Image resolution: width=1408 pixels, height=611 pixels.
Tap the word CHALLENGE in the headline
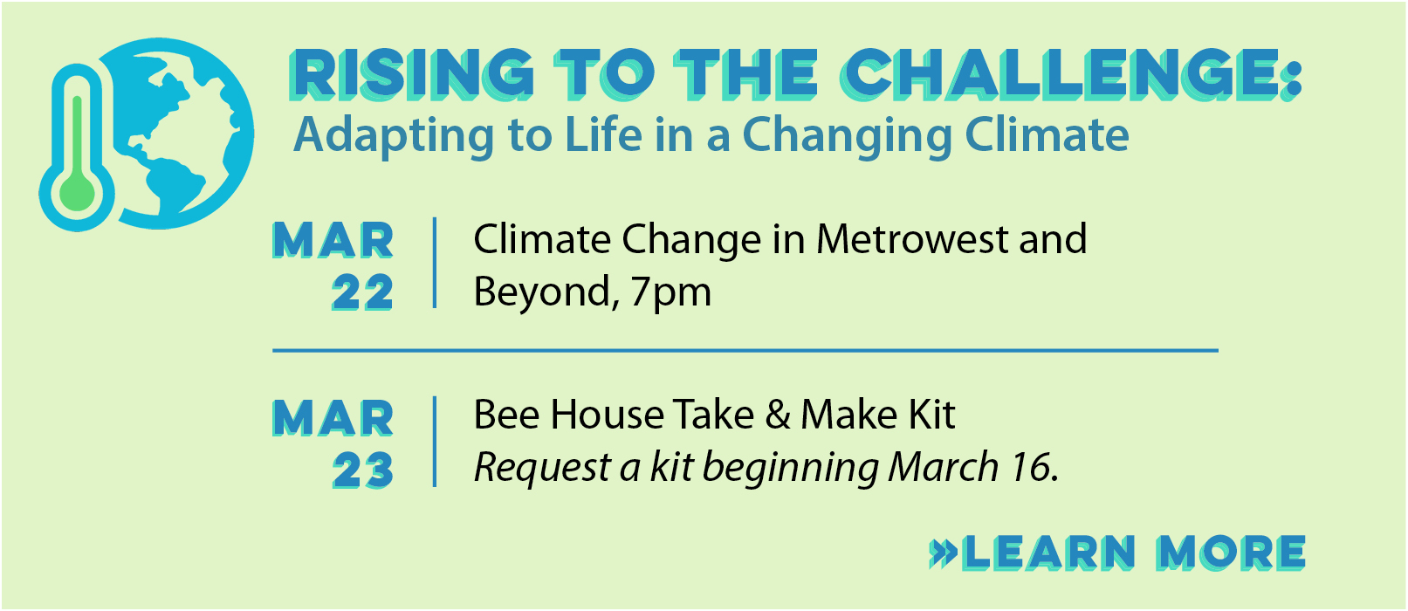pos(1061,74)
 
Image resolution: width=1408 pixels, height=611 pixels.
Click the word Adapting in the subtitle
pos(394,136)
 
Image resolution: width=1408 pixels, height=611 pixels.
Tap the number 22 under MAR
pos(362,293)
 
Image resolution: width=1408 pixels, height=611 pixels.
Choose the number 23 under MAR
pos(363,470)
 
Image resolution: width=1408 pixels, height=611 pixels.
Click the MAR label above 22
pos(333,240)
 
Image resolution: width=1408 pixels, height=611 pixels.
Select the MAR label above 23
pos(333,419)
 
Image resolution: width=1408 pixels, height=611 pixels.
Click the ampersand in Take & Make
pos(778,415)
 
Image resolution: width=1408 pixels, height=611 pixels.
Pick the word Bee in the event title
pos(506,415)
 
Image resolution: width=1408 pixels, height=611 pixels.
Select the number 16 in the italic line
pos(1034,468)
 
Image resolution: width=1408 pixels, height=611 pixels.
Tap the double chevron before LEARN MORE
pos(944,553)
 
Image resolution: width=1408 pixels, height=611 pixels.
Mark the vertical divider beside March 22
pos(435,263)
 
